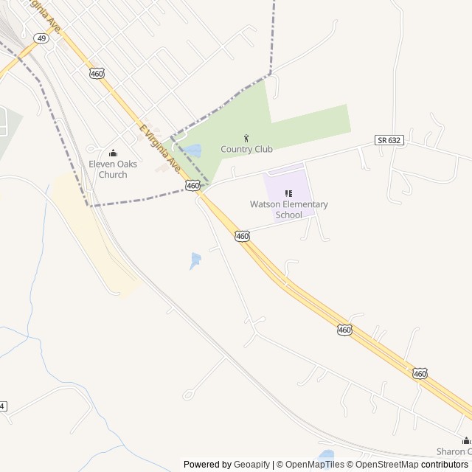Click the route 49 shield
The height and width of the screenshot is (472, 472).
point(42,38)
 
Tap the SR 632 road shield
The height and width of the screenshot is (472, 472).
point(389,140)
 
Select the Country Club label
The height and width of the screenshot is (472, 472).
point(246,149)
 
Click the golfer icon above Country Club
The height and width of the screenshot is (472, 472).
point(246,138)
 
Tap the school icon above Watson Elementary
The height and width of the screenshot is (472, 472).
point(288,193)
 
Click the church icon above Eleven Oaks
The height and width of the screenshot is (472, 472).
point(113,153)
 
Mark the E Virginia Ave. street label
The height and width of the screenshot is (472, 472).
point(159,148)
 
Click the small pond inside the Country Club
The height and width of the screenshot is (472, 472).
point(193,150)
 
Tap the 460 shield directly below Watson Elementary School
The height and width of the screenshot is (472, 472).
point(242,236)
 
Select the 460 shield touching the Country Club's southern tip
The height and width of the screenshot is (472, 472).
point(192,186)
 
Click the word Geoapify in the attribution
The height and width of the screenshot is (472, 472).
point(251,465)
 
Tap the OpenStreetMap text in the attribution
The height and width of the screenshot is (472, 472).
point(387,465)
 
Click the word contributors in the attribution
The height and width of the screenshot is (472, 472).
point(445,465)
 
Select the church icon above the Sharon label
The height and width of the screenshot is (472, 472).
point(465,440)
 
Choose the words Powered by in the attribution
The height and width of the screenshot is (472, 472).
point(207,465)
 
